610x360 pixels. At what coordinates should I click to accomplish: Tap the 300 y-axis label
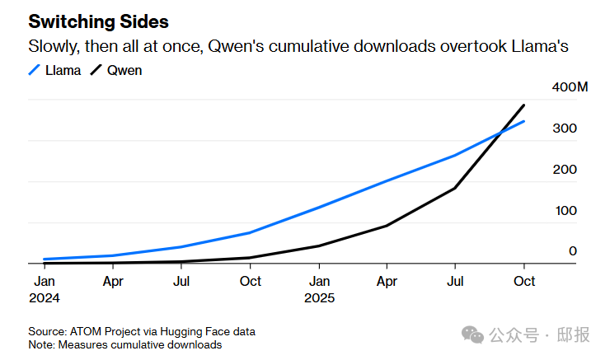[x=565, y=129]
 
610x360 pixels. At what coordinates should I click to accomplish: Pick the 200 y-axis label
[x=565, y=170]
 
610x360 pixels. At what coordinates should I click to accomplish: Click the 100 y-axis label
[x=565, y=211]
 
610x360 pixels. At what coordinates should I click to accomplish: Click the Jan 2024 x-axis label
[x=44, y=289]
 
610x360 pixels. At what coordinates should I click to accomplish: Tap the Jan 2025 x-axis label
[x=319, y=289]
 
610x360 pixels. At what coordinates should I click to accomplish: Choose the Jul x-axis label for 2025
[x=456, y=282]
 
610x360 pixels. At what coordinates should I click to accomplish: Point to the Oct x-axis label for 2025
[x=524, y=282]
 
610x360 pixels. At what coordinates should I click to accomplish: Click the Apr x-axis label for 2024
[x=113, y=282]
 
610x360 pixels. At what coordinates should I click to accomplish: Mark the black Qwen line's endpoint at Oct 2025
[x=524, y=105]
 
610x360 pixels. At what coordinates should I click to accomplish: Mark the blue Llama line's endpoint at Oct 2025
[x=524, y=121]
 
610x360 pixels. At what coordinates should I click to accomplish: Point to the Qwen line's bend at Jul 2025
[x=455, y=188]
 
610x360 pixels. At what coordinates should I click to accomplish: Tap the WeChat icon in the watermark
[x=473, y=334]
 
